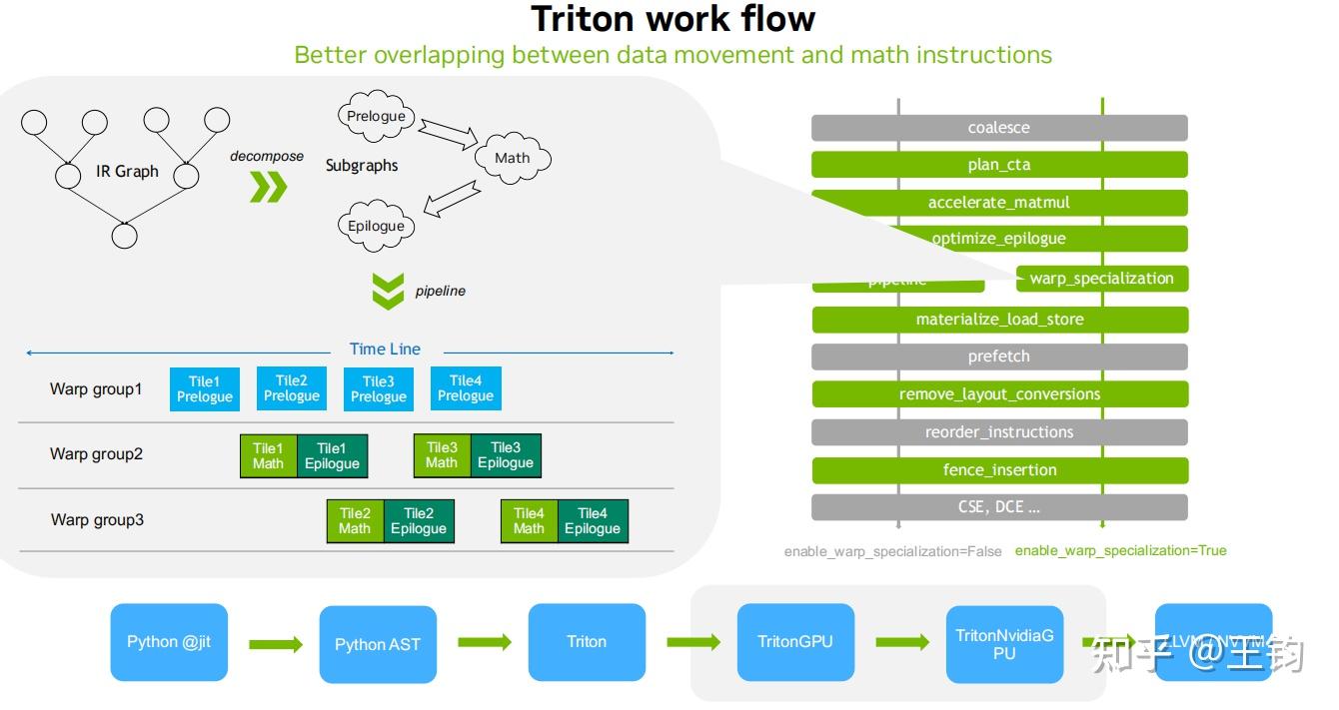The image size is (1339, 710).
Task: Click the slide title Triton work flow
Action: point(672,19)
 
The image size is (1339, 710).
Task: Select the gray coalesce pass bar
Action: point(999,128)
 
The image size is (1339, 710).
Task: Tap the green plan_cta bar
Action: point(999,165)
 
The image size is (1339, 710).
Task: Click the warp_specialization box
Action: point(1101,279)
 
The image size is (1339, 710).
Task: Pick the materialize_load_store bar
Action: point(999,320)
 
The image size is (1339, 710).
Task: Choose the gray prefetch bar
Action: point(999,356)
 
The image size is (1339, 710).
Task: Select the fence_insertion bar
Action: point(999,470)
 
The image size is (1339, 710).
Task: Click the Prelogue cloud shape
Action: point(376,117)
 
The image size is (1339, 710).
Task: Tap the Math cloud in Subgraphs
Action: point(512,158)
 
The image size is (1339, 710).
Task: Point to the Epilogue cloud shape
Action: point(376,226)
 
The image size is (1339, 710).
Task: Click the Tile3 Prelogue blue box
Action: point(379,388)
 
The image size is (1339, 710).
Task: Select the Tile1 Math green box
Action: point(268,455)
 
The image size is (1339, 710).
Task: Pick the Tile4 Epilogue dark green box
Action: point(593,521)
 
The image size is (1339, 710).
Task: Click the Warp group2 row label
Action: point(97,454)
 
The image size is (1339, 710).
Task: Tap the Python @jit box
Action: point(169,642)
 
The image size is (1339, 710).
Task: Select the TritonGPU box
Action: point(795,642)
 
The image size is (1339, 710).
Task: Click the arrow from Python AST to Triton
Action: point(485,642)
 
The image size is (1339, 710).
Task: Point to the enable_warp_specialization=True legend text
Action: point(1120,550)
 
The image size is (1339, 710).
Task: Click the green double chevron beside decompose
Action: point(267,187)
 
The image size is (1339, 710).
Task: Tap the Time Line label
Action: point(385,349)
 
